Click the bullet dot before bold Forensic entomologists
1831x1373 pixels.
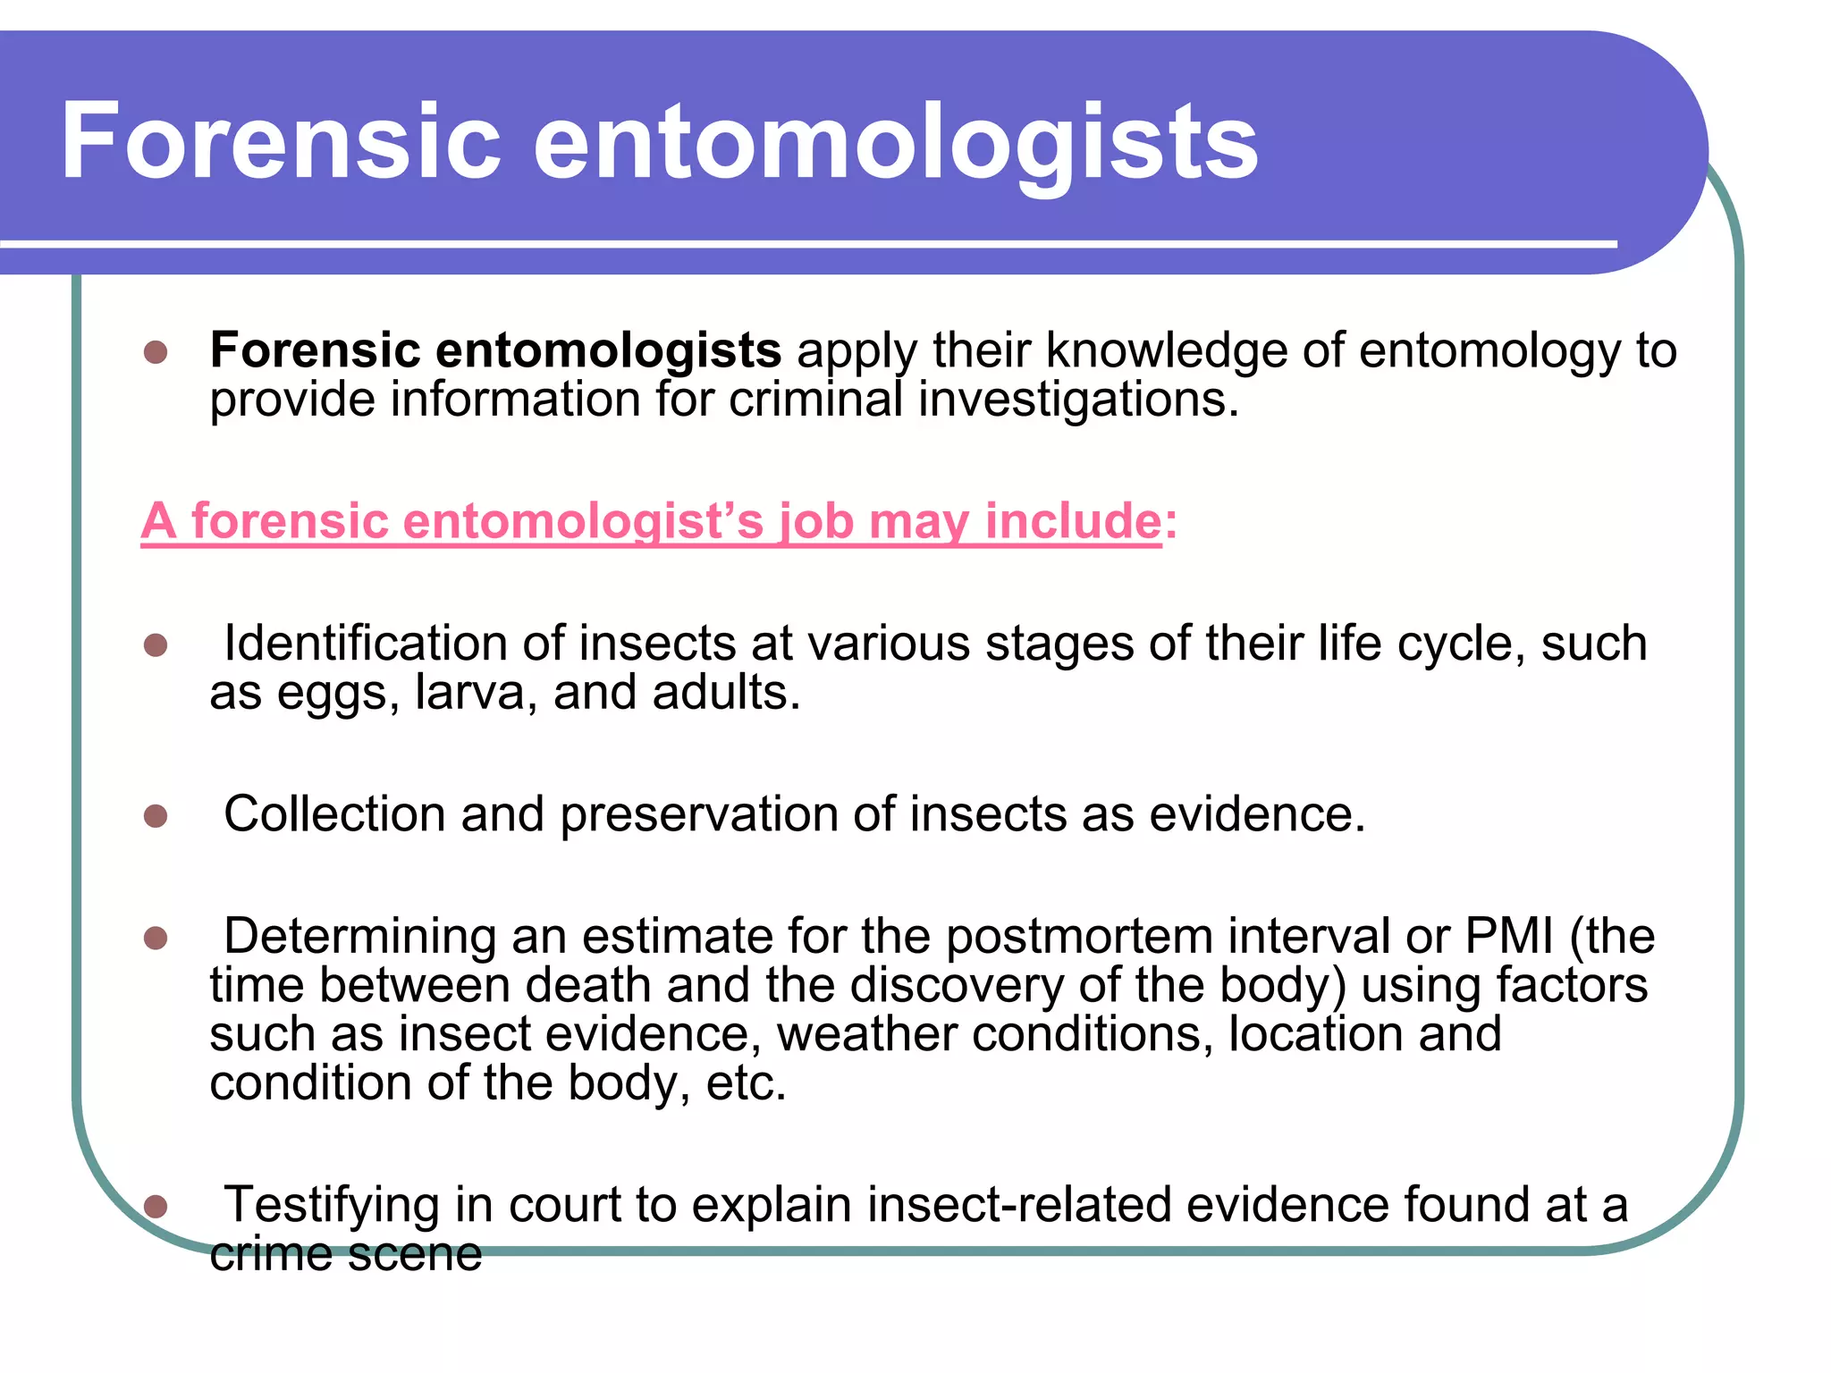(156, 351)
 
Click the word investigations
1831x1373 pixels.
(1078, 400)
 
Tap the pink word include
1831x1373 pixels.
(1073, 520)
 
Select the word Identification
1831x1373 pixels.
(366, 644)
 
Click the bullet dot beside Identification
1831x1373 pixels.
(156, 644)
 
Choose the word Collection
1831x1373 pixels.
(334, 814)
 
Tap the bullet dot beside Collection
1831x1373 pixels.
(156, 815)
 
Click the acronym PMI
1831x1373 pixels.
(1509, 937)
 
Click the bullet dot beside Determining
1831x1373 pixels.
(156, 938)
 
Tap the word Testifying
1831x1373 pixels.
(331, 1205)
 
